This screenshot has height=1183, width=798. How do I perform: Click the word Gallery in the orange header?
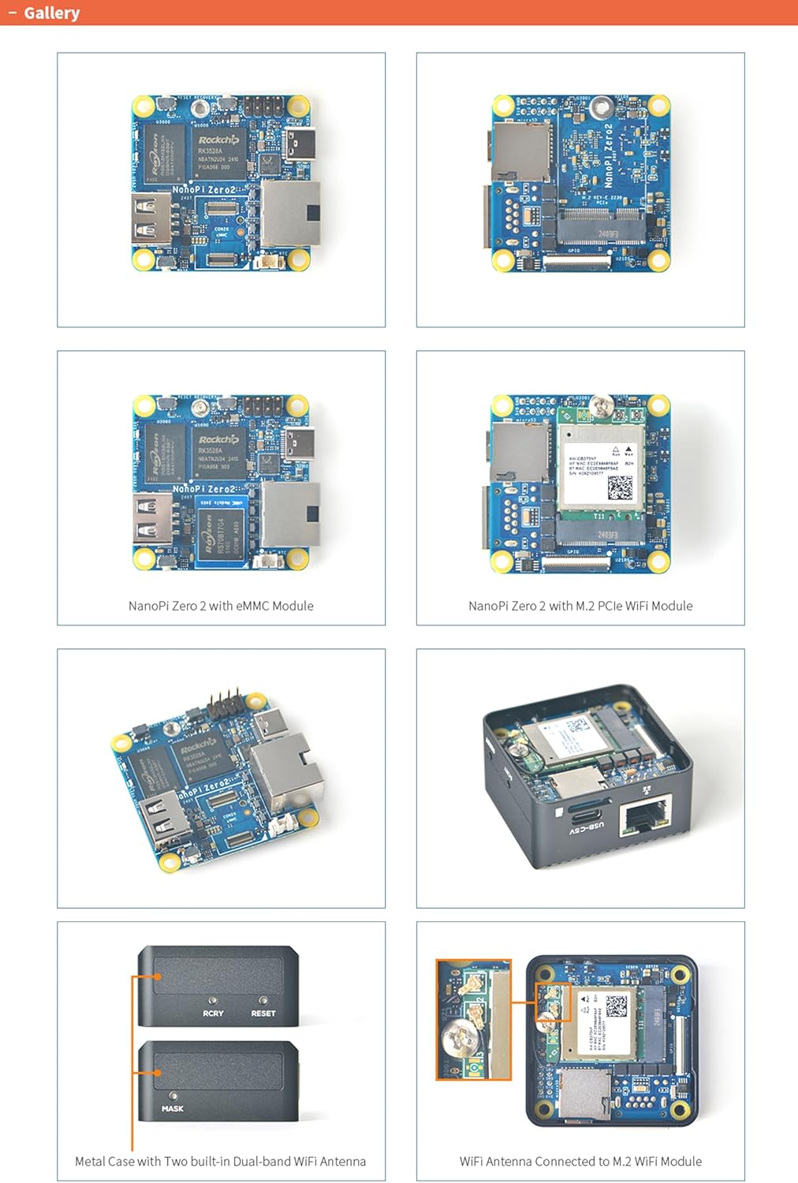(51, 13)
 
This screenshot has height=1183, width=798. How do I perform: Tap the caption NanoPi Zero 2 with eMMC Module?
(221, 606)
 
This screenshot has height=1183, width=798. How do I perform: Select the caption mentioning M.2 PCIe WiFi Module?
(580, 606)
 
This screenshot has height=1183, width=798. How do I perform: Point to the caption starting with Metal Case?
(220, 1161)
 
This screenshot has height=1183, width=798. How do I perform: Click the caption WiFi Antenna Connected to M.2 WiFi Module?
(580, 1161)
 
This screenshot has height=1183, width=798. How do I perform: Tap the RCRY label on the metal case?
(213, 1013)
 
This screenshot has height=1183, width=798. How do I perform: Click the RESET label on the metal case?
(263, 1013)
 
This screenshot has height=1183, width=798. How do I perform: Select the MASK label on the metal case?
(172, 1108)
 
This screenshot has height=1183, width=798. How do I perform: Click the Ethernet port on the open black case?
(645, 816)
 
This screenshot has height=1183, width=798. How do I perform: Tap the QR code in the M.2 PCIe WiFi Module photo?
(620, 488)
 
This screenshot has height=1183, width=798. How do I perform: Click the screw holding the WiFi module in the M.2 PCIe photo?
(603, 407)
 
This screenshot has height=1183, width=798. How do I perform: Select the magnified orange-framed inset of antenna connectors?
(473, 1019)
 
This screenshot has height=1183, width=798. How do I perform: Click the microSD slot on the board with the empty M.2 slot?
(520, 150)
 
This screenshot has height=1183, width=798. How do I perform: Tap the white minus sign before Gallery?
(12, 13)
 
